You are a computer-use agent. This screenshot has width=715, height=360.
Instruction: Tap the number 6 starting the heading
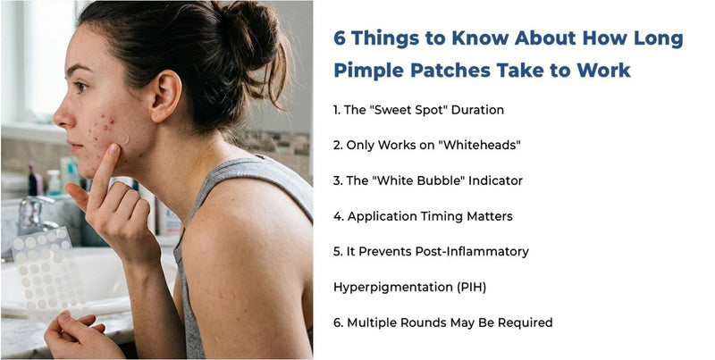pyautogui.click(x=339, y=38)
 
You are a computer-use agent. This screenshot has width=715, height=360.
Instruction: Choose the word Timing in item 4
pyautogui.click(x=451, y=216)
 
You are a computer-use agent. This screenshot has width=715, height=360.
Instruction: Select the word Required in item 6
pyautogui.click(x=525, y=322)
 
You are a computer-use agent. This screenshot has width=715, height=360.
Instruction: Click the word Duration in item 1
pyautogui.click(x=476, y=110)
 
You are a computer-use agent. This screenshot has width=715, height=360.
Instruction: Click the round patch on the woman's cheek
pyautogui.click(x=124, y=139)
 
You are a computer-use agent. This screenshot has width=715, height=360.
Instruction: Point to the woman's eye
pyautogui.click(x=81, y=88)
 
